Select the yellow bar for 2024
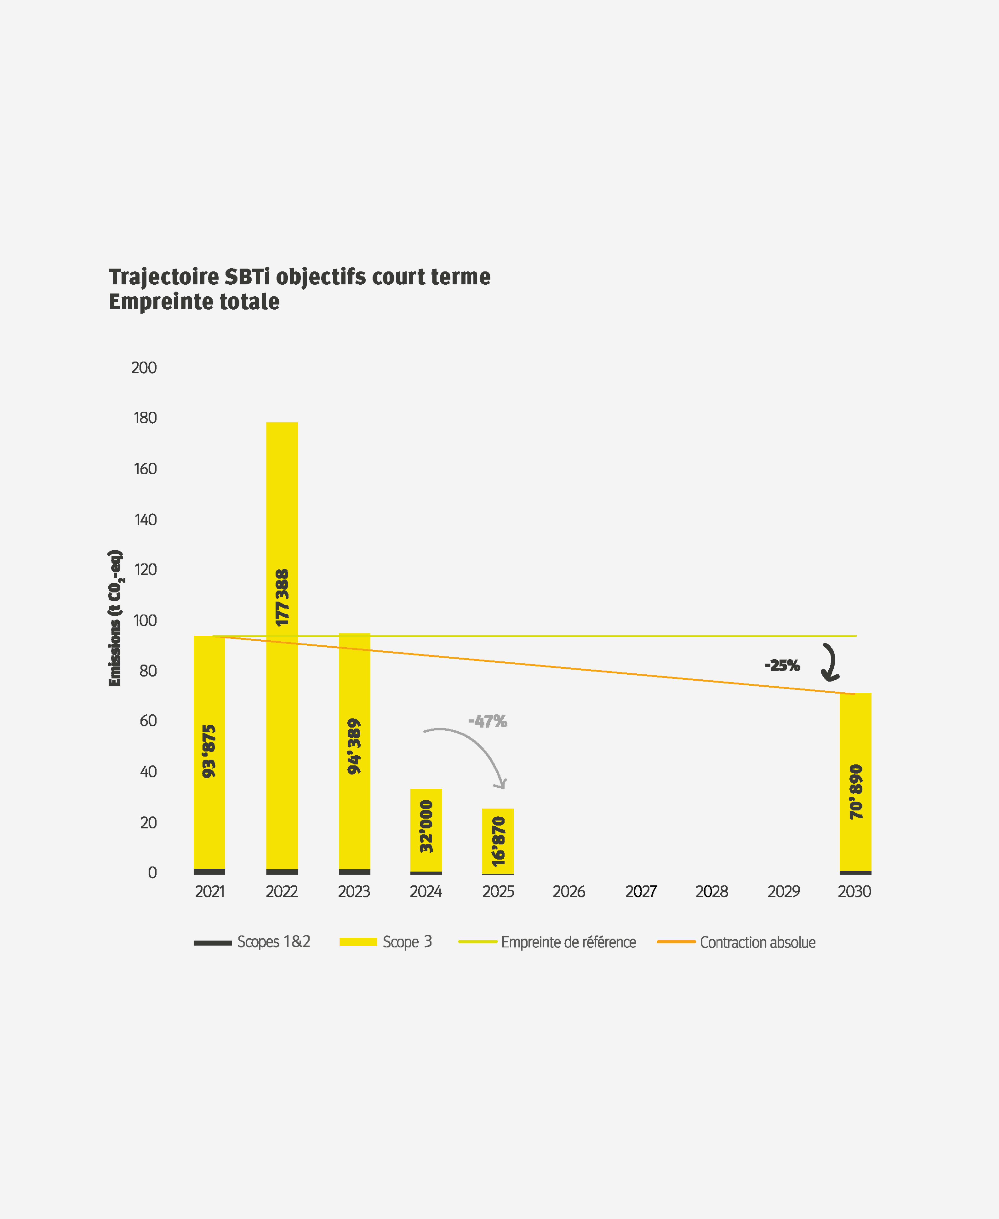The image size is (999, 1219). pyautogui.click(x=426, y=830)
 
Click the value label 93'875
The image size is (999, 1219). pyautogui.click(x=209, y=751)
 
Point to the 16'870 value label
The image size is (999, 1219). pyautogui.click(x=498, y=841)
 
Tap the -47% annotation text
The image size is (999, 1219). pyautogui.click(x=488, y=721)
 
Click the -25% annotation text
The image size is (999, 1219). pyautogui.click(x=782, y=665)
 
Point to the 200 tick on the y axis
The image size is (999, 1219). pyautogui.click(x=144, y=367)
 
